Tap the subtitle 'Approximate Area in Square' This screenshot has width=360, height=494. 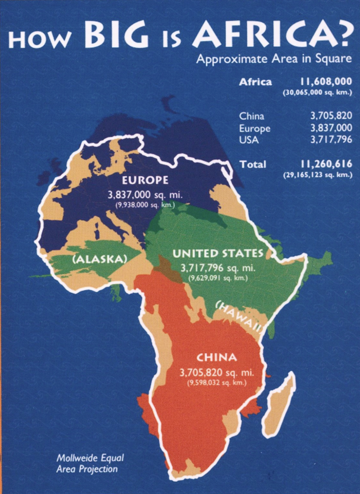274,59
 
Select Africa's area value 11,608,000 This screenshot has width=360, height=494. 326,81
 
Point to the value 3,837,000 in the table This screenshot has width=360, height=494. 331,128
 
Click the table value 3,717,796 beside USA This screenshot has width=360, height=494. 331,140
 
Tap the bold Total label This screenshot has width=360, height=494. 253,164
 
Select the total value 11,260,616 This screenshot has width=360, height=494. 326,164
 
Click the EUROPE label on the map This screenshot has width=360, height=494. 145,180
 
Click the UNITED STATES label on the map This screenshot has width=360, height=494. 218,253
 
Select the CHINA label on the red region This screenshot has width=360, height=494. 217,358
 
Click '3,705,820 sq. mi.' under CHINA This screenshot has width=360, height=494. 217,372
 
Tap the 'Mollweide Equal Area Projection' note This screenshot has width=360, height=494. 90,463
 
